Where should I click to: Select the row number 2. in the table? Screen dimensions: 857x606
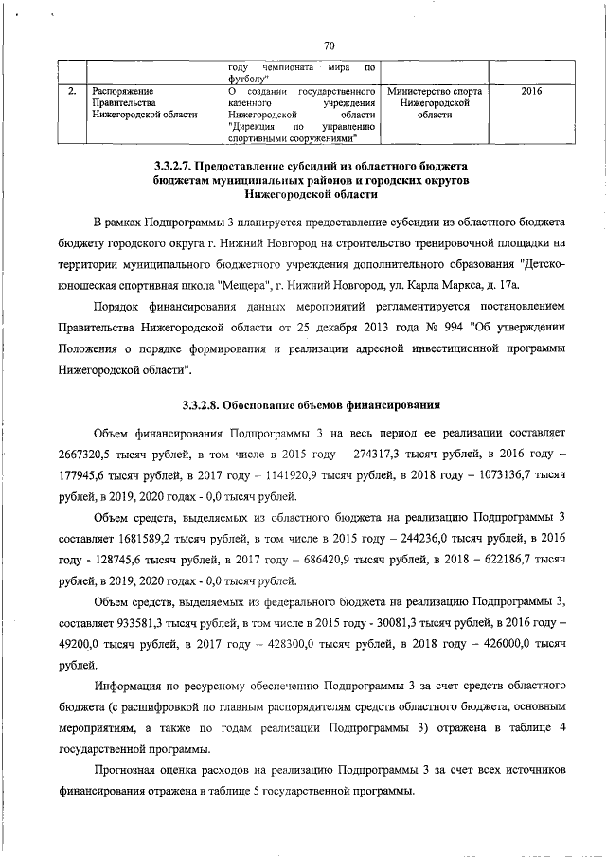73,91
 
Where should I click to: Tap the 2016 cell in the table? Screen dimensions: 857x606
532,91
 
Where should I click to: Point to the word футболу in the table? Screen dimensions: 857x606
249,80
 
